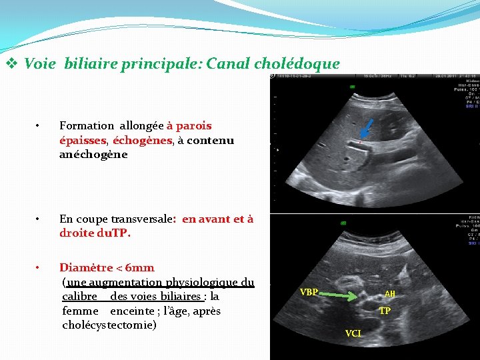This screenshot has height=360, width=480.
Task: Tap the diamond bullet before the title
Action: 11,65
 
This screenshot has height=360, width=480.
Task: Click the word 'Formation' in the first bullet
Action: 87,125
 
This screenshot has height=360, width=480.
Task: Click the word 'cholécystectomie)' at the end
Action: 109,325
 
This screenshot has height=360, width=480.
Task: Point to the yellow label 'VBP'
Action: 309,292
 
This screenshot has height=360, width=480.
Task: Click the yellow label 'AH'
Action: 390,294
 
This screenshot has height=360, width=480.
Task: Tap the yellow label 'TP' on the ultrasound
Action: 385,311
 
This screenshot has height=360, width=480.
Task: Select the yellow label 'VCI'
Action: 353,333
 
